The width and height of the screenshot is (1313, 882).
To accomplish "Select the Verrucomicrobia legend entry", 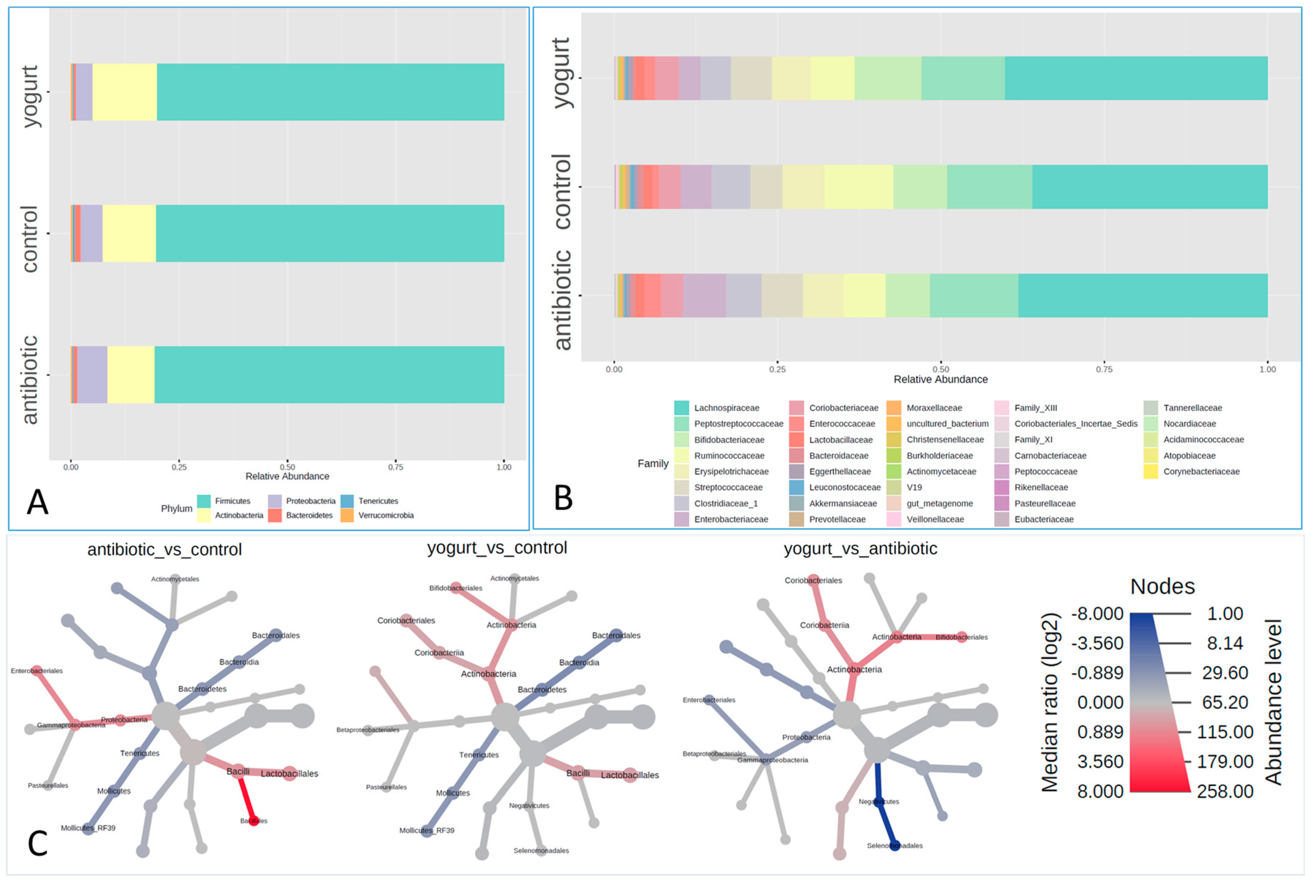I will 386,516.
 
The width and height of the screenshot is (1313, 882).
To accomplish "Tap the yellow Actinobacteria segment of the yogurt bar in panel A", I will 124,92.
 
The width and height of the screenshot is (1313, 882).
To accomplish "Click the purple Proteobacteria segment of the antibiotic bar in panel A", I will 92,375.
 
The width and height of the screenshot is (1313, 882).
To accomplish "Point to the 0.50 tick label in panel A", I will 287,467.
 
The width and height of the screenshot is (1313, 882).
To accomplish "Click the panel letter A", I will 38,502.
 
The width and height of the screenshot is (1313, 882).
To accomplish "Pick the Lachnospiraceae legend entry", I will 726,408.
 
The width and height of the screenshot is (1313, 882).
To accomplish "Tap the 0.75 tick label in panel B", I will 1104,369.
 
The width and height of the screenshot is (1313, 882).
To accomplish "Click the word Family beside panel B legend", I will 653,464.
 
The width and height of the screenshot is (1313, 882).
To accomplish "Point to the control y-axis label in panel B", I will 562,191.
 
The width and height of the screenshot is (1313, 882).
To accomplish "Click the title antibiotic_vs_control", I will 164,550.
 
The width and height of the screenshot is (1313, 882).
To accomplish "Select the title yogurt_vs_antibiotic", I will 860,549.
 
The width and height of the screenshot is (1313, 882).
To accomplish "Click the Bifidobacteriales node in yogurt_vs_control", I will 456,588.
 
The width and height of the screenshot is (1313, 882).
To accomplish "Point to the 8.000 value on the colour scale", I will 1100,791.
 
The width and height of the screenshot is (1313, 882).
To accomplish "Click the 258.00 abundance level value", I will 1225,791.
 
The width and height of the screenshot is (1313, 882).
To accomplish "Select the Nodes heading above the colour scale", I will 1162,587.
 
